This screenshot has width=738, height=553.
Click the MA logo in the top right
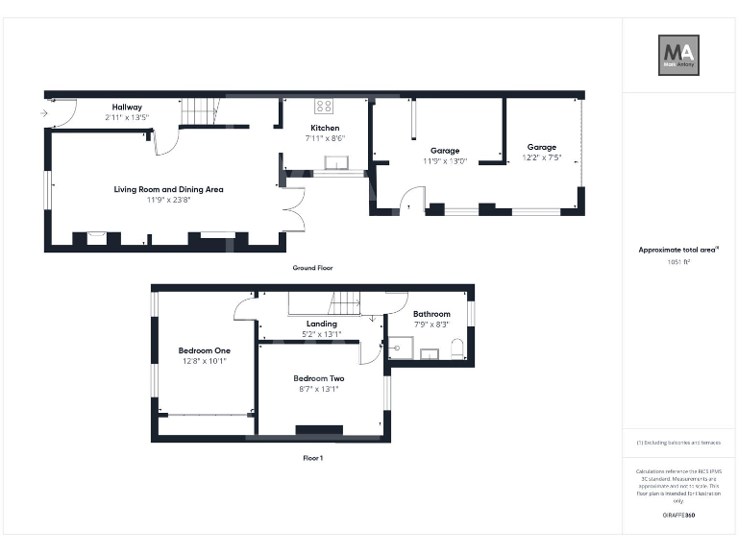point(678,55)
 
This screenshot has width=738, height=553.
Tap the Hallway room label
point(127,107)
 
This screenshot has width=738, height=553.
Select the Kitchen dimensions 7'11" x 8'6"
point(325,138)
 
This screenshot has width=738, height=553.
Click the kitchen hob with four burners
point(325,107)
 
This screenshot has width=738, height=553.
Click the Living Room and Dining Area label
point(168,189)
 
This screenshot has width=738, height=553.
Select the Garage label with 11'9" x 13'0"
point(444,151)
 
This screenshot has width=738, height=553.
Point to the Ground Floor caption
point(312,268)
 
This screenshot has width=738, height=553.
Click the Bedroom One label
point(205,350)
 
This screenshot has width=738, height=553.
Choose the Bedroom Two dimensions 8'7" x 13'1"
point(319,391)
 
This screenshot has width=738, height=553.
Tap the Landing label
point(321,324)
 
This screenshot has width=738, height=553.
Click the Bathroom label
point(431,314)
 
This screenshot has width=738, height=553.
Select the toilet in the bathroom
point(457,348)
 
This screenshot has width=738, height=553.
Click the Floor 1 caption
point(312,458)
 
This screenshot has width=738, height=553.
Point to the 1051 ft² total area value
point(678,261)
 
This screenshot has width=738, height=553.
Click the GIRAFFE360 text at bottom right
point(678,516)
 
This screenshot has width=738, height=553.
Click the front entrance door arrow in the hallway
point(44,113)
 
